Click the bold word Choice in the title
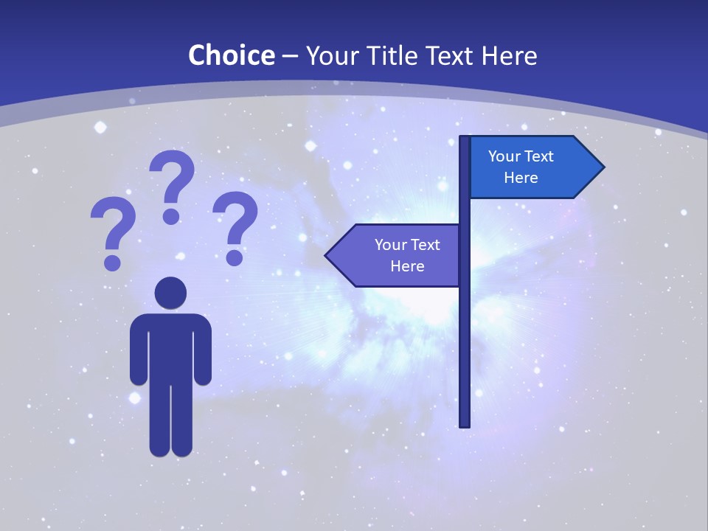231,55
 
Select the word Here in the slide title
510,55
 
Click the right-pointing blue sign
531,167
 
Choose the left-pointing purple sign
398,255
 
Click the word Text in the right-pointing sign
539,156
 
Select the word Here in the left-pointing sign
407,266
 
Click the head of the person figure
170,293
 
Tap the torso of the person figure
170,347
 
